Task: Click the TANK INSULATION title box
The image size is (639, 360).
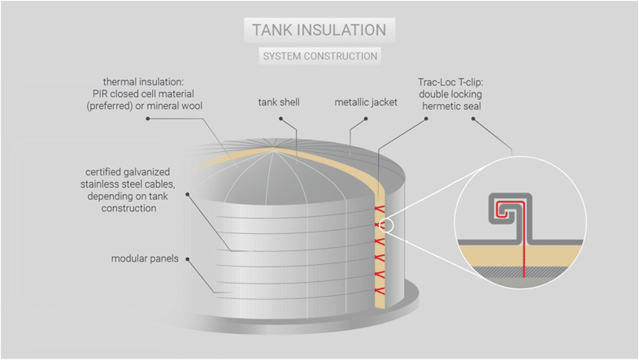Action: click(319, 30)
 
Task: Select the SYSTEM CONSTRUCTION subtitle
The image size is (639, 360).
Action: click(319, 57)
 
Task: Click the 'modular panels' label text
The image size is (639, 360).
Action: click(146, 259)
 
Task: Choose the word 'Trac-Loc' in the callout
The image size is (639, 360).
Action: click(434, 82)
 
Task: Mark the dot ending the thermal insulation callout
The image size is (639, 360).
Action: click(148, 118)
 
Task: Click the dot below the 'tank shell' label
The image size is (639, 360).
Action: click(280, 118)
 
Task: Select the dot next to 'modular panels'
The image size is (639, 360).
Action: click(189, 259)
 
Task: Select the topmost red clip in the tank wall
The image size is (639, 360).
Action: click(377, 210)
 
